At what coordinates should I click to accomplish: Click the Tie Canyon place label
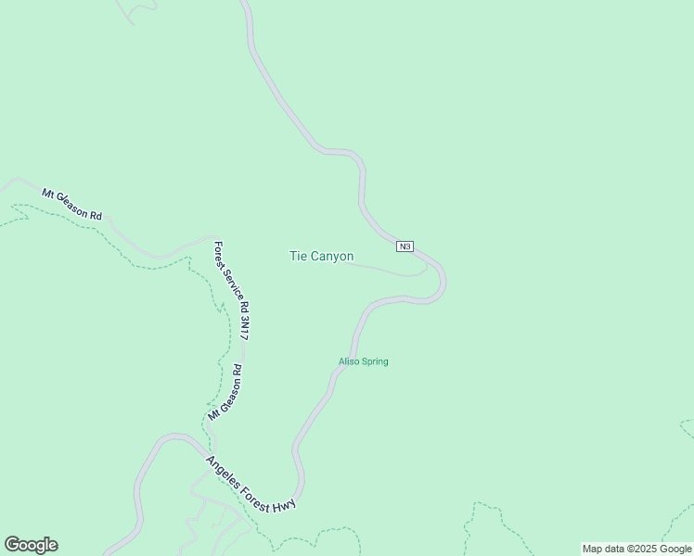(x=321, y=257)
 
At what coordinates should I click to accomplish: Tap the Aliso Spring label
(x=363, y=361)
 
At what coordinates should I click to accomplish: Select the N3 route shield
(x=405, y=246)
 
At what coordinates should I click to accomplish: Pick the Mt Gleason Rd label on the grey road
(x=71, y=204)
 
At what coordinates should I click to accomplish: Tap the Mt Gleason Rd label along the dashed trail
(x=225, y=393)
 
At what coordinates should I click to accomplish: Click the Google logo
(x=31, y=545)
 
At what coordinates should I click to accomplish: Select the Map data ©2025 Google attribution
(x=636, y=549)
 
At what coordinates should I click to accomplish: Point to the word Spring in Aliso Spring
(x=375, y=361)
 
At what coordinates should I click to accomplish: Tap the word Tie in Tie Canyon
(x=298, y=257)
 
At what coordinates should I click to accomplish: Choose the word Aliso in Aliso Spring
(x=349, y=361)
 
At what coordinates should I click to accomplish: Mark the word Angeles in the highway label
(x=223, y=470)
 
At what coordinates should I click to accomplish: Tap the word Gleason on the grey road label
(x=75, y=206)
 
